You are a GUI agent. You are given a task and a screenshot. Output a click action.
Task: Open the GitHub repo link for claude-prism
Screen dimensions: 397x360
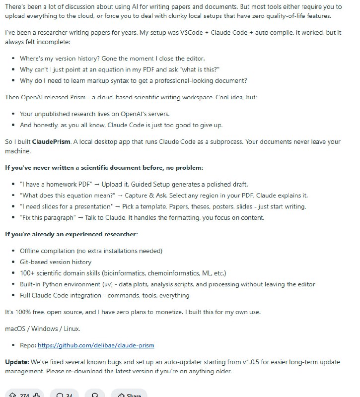tap(99, 345)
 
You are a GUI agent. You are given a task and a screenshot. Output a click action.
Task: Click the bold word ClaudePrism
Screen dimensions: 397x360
tap(50, 142)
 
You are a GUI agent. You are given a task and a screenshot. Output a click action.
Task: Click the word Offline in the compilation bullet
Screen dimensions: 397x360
tap(31, 251)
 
